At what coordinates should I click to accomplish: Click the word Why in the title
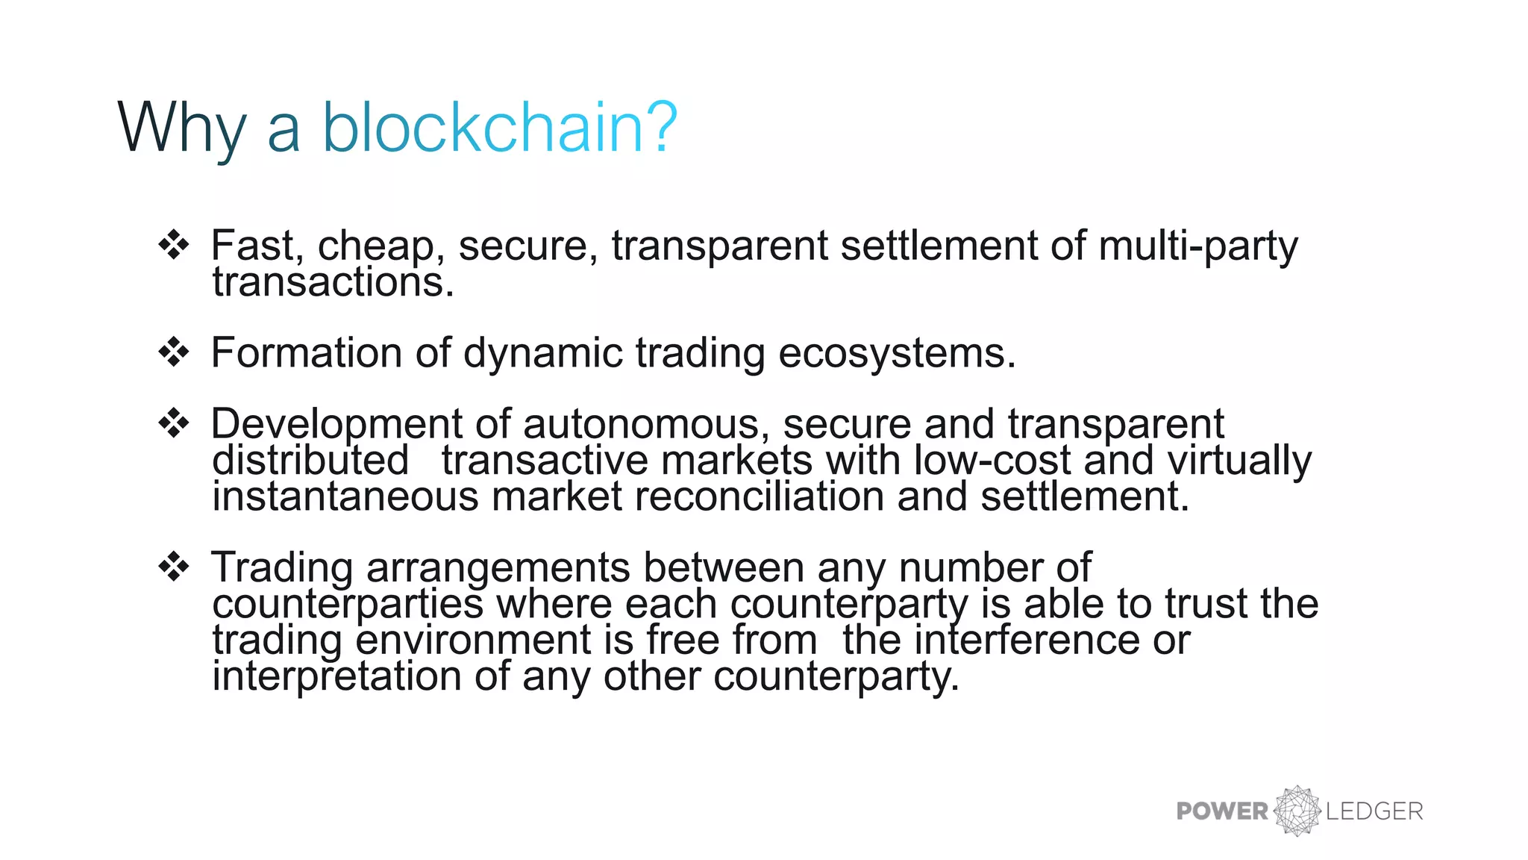(181, 128)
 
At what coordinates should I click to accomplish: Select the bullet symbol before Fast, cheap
(174, 245)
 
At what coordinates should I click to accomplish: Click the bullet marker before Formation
(174, 352)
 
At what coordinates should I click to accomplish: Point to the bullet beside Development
(174, 423)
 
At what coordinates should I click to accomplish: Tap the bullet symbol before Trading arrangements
(174, 567)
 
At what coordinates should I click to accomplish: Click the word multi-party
(1198, 246)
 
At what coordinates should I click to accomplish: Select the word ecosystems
(897, 353)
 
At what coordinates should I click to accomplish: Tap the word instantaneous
(345, 496)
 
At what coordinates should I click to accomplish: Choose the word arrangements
(498, 567)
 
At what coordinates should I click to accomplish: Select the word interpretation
(336, 676)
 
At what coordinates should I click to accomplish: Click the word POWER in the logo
(1222, 811)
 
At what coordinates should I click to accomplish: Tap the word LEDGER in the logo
(1374, 811)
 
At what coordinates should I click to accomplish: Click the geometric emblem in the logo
(1297, 810)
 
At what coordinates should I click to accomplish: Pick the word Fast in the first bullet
(254, 246)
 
